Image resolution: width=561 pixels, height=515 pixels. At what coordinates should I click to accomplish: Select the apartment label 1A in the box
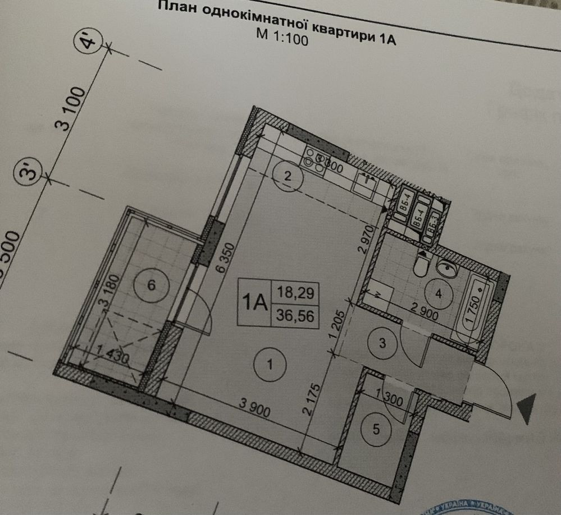(254, 304)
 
